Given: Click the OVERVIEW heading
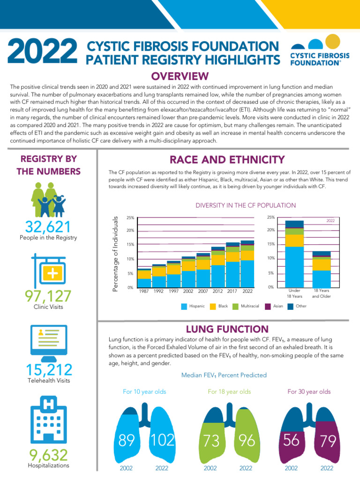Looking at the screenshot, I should coord(180,76).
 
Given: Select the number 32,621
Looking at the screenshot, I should coord(48,227).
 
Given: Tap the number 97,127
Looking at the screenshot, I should coord(48,296).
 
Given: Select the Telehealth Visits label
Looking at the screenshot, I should coord(48,381).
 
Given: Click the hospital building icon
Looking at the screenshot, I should coord(48,420).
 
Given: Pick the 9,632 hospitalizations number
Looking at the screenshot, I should coord(48,455).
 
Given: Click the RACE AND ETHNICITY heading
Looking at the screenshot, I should coord(227,160).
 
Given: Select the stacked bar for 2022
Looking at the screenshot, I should coord(247,265).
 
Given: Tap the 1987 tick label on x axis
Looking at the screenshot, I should coord(144,291).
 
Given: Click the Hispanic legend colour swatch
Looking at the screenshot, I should coord(185,306).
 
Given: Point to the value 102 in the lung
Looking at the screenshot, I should coord(163,440).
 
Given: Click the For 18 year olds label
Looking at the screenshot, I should coord(229,391).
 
